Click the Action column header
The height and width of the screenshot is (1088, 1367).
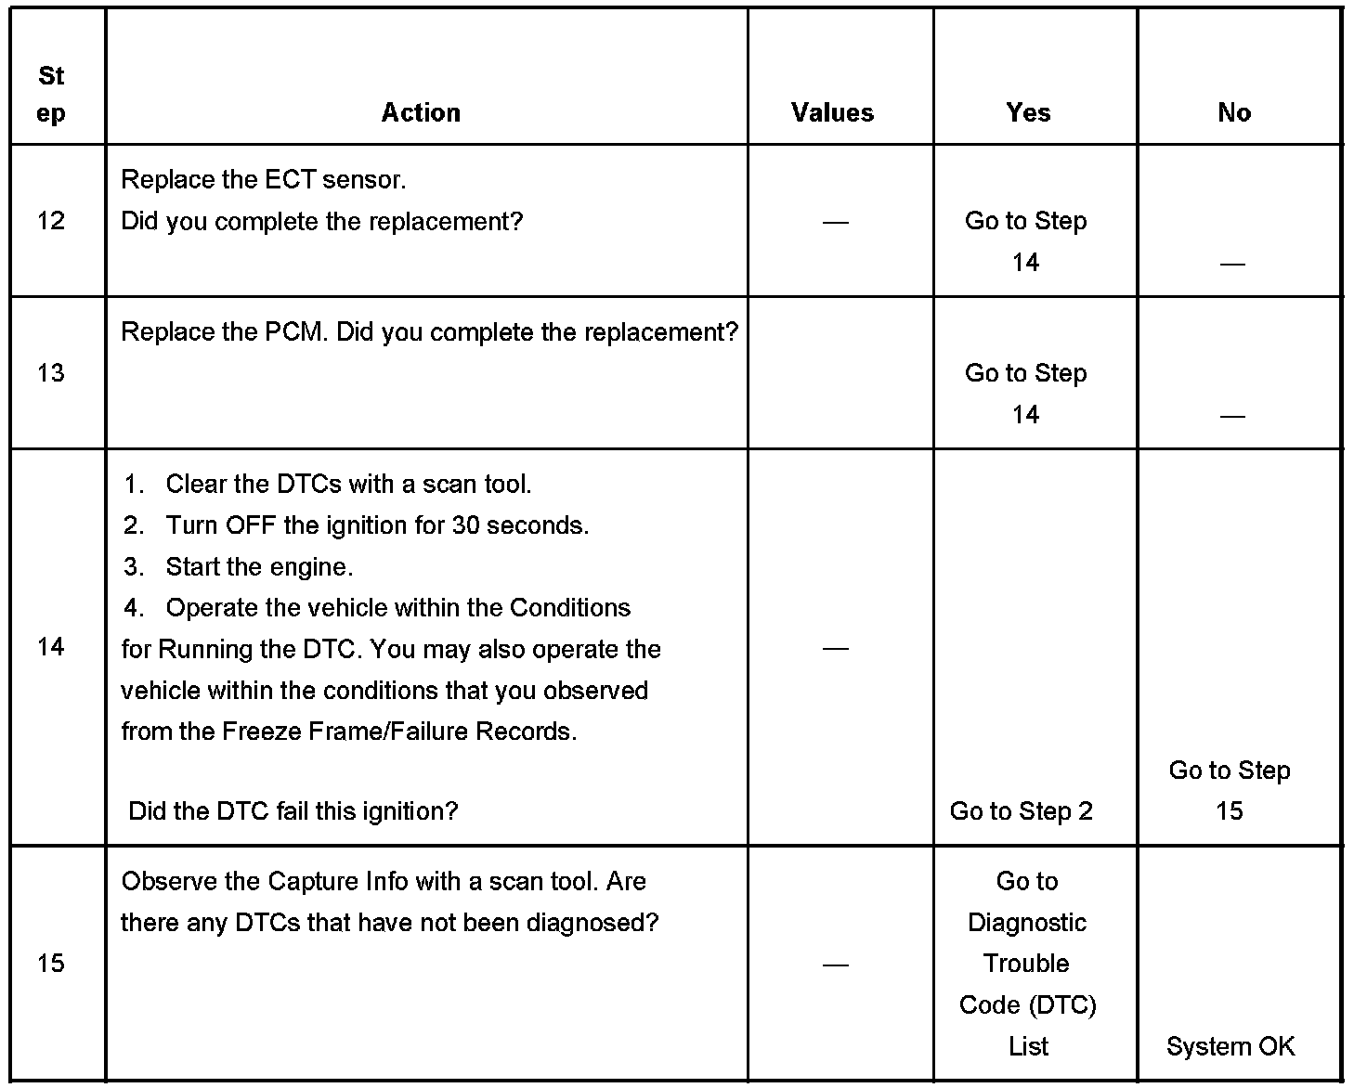(x=421, y=112)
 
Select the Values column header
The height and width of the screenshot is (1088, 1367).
(x=832, y=112)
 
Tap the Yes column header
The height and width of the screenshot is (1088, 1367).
(x=1028, y=112)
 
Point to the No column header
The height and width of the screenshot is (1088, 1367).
(x=1233, y=112)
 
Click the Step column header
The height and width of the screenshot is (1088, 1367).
(x=51, y=94)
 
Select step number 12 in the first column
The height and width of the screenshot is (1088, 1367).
(x=51, y=220)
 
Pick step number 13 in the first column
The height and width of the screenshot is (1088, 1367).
(x=51, y=372)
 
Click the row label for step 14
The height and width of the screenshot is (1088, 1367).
(x=51, y=646)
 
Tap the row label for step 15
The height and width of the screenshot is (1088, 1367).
(x=51, y=963)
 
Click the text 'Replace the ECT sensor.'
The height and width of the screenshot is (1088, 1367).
(x=264, y=179)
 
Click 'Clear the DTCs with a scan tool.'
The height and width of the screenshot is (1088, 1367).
(x=348, y=484)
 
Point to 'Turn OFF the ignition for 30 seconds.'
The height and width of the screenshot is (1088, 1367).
(x=377, y=525)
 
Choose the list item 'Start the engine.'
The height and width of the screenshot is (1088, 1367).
(x=259, y=566)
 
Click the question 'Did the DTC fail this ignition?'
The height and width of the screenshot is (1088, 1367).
(x=293, y=810)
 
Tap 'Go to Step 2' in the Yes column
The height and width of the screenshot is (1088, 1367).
(x=1021, y=810)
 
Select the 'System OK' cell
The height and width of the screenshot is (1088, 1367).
(x=1230, y=1046)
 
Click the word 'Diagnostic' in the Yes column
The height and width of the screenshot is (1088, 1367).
(x=1026, y=922)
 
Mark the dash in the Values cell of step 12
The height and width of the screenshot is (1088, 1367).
(x=835, y=222)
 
